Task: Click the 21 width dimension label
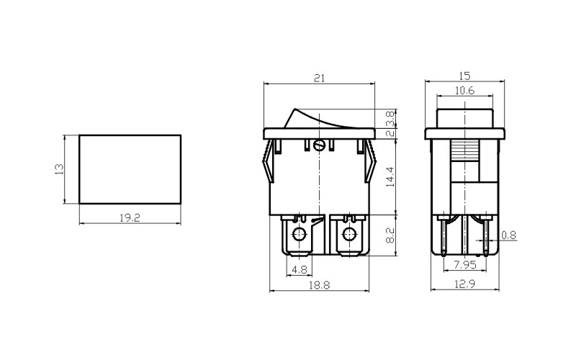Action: click(x=319, y=78)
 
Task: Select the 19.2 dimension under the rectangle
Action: click(x=130, y=218)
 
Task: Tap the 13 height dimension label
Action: click(x=59, y=169)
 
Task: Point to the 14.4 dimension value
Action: click(x=390, y=177)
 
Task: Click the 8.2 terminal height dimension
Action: click(x=390, y=235)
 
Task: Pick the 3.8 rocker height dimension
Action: click(x=390, y=118)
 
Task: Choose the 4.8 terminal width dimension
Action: click(x=299, y=270)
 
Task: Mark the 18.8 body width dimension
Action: click(x=319, y=285)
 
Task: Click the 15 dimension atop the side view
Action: click(x=464, y=76)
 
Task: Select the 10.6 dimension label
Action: click(x=464, y=91)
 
